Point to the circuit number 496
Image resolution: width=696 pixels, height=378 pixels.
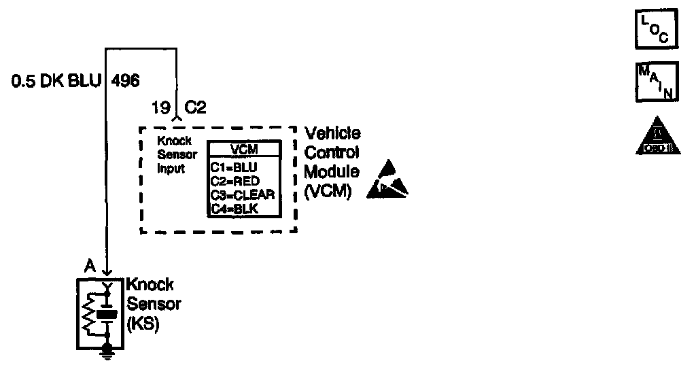pos(125,82)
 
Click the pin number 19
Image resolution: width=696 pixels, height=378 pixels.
pos(160,107)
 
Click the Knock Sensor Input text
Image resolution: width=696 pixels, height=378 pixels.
pos(177,155)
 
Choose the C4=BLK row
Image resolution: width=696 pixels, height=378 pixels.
pos(233,209)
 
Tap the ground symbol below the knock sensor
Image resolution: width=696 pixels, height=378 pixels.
pos(106,351)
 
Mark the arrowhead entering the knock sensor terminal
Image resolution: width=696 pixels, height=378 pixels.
pos(106,271)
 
